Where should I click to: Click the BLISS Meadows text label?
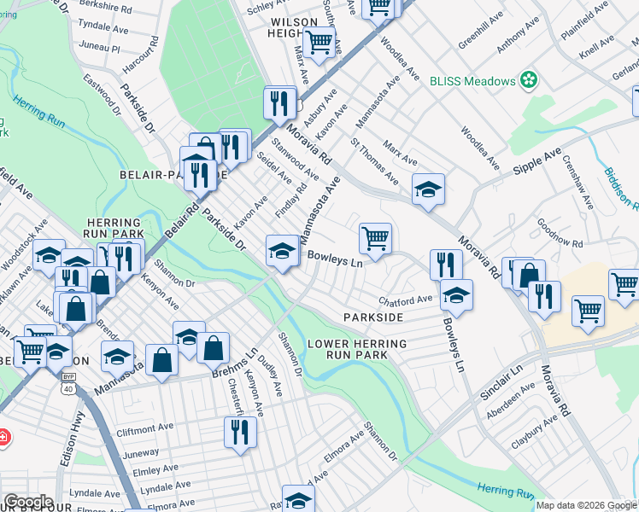tap(472, 80)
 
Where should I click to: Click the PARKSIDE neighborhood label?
tap(372, 317)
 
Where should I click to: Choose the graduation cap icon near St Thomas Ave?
tap(428, 189)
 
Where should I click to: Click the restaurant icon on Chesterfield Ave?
tap(241, 432)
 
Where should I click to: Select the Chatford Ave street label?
tap(405, 300)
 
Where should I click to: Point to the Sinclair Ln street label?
tap(504, 373)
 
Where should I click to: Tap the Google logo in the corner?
tap(27, 501)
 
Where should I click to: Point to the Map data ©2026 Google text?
tap(579, 505)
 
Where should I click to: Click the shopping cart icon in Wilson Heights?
tap(319, 42)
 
